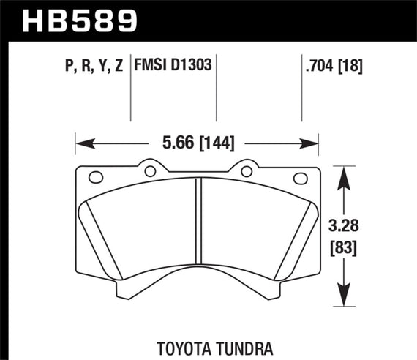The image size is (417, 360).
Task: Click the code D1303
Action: [x=192, y=67]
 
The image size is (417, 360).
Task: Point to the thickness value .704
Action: [x=318, y=67]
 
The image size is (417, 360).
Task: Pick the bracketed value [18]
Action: [x=351, y=67]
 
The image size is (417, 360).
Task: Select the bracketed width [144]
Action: [x=214, y=143]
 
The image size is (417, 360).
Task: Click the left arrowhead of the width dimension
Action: [x=81, y=143]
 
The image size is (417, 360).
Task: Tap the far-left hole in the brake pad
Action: [x=94, y=178]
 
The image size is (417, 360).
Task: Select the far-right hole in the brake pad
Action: [x=300, y=178]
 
